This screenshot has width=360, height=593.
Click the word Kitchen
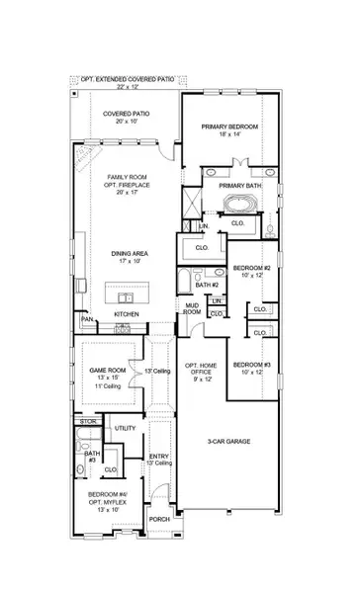[x=127, y=315]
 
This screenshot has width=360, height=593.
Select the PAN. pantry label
[x=88, y=320]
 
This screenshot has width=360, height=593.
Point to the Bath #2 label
[x=206, y=285]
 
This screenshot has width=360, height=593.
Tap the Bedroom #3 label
[x=251, y=370]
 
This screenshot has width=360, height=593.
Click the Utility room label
[x=125, y=429]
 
